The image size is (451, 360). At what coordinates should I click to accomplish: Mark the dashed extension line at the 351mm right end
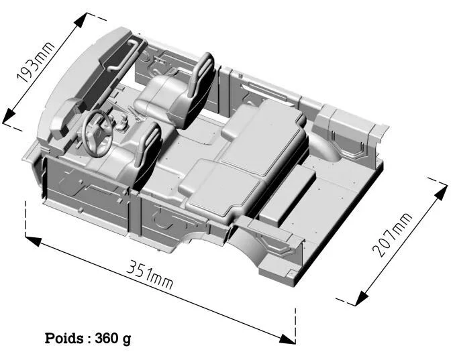[296, 325]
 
